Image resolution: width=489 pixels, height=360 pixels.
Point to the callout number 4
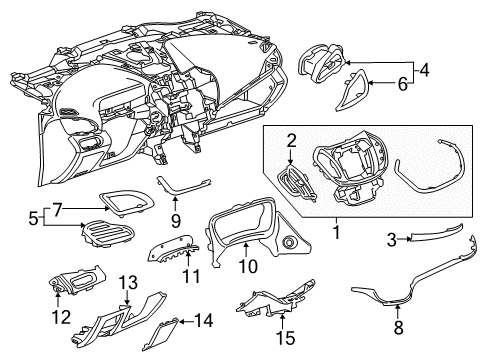(425, 71)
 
